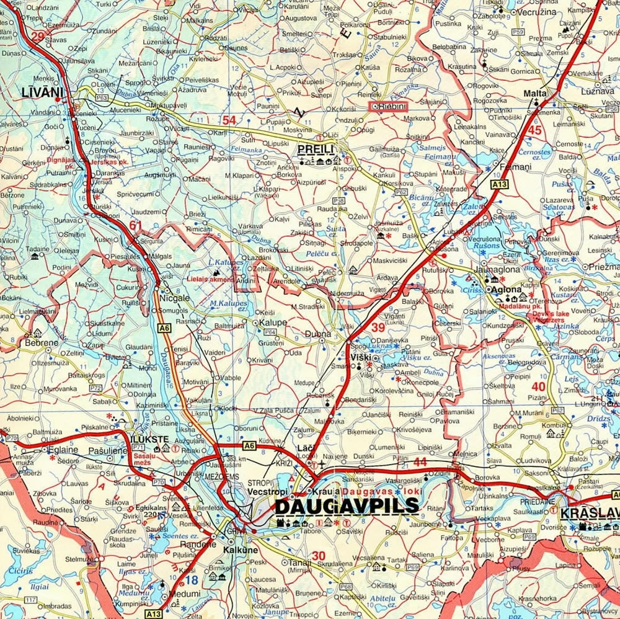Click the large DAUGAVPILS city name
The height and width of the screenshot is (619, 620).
coord(347,506)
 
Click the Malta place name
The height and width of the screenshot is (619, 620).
coord(535,93)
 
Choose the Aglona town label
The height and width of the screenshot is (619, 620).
coord(507,290)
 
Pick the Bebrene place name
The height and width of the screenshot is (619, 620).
coord(42,342)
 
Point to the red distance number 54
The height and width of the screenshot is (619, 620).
coord(229,120)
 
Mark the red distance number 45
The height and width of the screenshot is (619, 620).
coord(535,130)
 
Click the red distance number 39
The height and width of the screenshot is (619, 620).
coord(378,327)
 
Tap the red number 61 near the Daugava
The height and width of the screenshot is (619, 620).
coord(136,225)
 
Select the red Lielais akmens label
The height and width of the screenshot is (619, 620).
coord(211,279)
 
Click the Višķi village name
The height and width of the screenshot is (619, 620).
coord(362,358)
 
